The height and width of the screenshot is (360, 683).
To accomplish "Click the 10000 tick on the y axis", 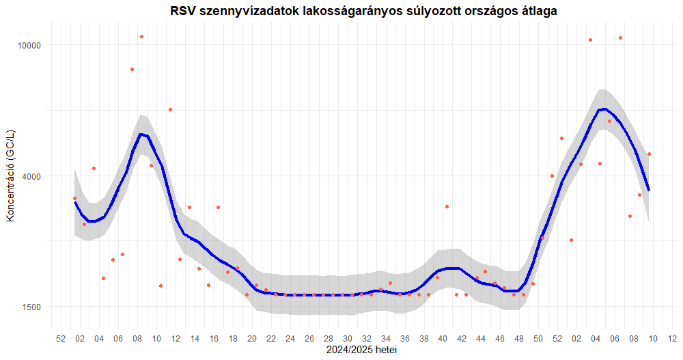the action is (29, 45).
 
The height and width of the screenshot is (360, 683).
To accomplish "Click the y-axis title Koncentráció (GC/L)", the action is (10, 176).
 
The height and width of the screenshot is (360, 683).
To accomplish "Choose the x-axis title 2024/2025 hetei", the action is (361, 350).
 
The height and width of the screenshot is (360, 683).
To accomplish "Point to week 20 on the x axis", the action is (252, 339).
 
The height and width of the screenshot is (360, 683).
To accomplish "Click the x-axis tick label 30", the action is (348, 339).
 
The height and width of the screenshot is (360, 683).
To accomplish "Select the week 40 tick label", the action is (443, 339).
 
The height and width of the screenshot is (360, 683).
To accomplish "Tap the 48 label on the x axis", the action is (519, 339).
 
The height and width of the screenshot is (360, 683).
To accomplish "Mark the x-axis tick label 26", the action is (309, 339).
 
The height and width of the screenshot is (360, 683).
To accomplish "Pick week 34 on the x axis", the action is (386, 339).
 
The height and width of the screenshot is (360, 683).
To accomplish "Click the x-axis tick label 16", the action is (214, 339).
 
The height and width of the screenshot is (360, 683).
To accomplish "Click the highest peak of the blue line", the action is (604, 109).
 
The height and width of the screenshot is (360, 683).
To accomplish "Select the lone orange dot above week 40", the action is (447, 206).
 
